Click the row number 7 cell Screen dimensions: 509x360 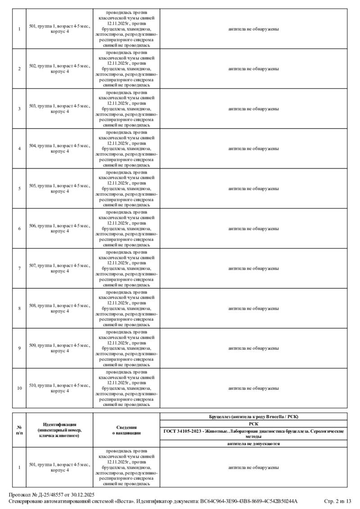click(19, 268)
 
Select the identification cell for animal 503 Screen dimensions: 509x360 click(59, 109)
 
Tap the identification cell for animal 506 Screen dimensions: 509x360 click(59, 228)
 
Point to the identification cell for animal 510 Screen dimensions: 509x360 click(59, 388)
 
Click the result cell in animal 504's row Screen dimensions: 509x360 click(253, 148)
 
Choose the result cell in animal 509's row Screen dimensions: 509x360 click(253, 348)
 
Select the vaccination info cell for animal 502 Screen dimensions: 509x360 click(126, 69)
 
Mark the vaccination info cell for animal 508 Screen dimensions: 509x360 click(126, 308)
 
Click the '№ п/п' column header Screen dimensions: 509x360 click(19, 430)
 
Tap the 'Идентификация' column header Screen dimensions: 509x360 click(59, 430)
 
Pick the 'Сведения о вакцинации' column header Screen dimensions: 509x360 click(126, 430)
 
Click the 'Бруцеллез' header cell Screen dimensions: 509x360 click(253, 416)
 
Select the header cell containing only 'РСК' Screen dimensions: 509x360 click(253, 424)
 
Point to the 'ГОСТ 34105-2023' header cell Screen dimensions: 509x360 click(253, 433)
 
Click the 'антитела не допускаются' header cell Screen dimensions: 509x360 click(253, 444)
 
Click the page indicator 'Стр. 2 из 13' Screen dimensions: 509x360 click(337, 501)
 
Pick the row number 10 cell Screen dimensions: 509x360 click(19, 388)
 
